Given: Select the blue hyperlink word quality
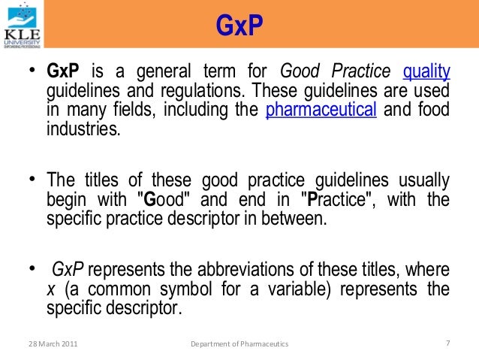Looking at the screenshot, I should [426, 73].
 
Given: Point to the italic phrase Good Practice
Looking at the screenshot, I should [335, 73].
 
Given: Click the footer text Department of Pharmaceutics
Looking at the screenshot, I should [239, 343].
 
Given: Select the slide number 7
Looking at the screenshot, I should [447, 343].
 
